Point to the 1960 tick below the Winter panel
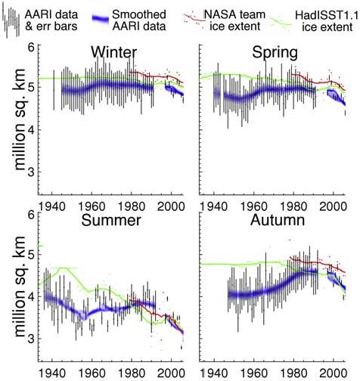coord(92,206)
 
